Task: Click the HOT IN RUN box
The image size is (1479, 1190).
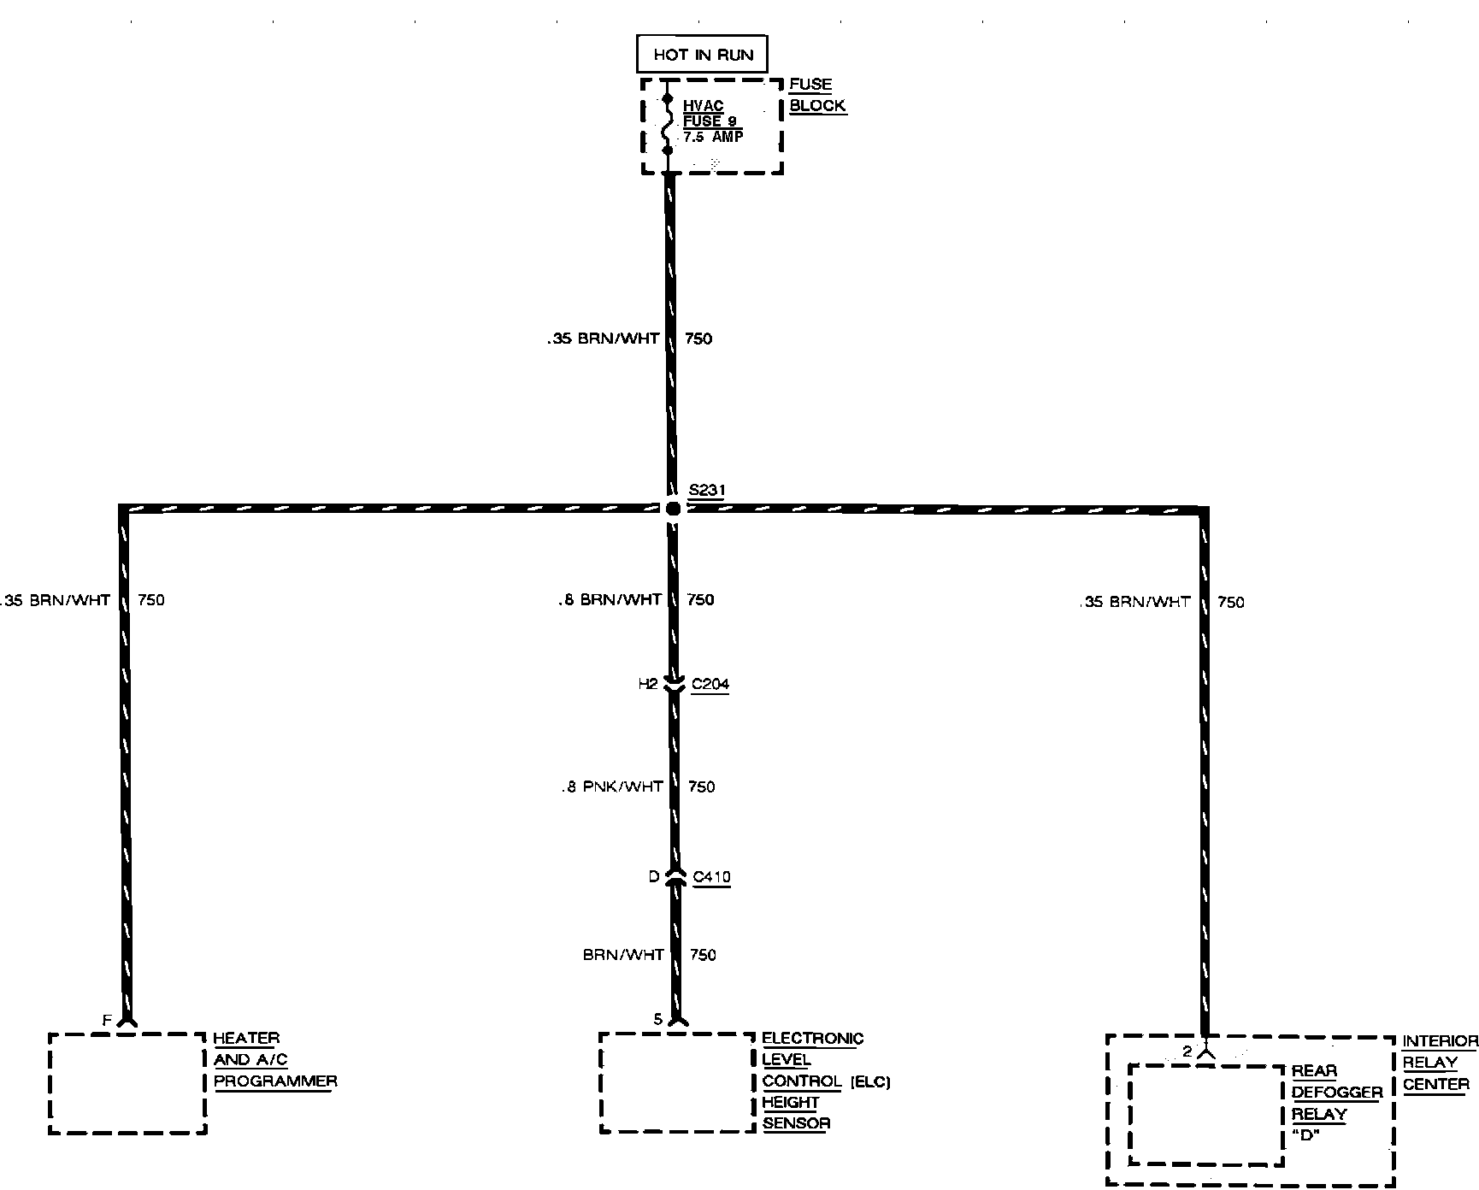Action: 702,55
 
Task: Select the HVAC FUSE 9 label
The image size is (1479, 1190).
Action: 709,114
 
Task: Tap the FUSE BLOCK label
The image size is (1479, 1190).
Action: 816,95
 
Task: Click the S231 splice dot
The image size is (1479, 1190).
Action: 673,509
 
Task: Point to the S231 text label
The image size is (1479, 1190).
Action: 707,491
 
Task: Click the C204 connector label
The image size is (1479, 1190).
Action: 710,684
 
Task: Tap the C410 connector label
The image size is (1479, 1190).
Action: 711,876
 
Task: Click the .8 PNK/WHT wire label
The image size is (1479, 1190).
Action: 612,786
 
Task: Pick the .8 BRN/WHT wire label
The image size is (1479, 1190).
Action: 610,599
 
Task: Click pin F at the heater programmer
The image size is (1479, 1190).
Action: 107,1020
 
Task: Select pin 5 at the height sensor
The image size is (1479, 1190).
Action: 657,1019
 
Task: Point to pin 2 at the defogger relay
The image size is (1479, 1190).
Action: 1187,1052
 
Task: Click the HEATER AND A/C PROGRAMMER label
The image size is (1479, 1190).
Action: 274,1060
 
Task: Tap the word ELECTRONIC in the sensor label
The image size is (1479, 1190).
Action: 812,1039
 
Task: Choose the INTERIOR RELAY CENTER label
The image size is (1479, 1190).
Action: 1440,1063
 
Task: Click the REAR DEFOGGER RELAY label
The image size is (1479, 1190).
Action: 1336,1093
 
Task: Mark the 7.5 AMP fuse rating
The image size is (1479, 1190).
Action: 713,137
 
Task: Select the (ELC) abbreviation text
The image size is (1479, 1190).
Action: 870,1082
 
